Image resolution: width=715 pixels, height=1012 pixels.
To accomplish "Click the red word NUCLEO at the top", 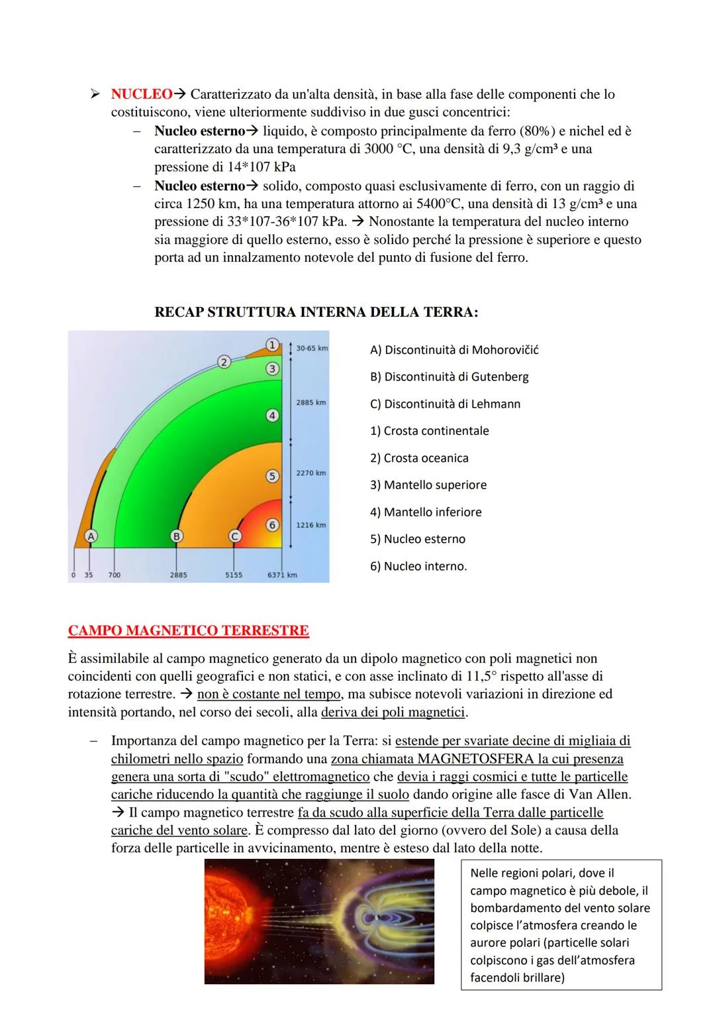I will (142, 95).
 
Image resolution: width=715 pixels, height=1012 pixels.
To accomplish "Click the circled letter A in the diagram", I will (91, 535).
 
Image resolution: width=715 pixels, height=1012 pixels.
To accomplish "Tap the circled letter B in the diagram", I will (176, 535).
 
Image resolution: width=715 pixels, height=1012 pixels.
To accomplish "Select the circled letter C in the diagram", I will (234, 536).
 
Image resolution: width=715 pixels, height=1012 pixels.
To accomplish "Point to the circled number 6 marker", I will (272, 525).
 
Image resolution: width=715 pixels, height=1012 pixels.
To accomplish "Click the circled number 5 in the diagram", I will (271, 476).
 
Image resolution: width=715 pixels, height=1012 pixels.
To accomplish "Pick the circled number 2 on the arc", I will (224, 361).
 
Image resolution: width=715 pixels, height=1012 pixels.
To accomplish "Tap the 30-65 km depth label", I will (312, 348).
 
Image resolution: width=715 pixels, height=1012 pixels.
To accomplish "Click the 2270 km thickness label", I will (310, 473).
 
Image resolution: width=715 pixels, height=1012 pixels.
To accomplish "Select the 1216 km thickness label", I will (310, 525).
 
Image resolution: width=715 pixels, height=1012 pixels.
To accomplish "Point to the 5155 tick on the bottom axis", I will (233, 575).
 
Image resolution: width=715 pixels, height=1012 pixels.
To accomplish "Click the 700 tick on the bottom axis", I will (115, 575).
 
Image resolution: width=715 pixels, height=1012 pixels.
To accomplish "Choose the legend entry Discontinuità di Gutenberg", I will (449, 377).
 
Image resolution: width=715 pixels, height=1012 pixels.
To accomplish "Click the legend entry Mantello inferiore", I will (426, 512).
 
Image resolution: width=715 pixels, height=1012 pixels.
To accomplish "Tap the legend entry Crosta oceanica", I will (419, 458).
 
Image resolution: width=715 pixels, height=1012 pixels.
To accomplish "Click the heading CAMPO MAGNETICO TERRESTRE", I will (188, 630).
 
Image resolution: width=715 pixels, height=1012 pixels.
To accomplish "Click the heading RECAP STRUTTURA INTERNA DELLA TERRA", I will (316, 312).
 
